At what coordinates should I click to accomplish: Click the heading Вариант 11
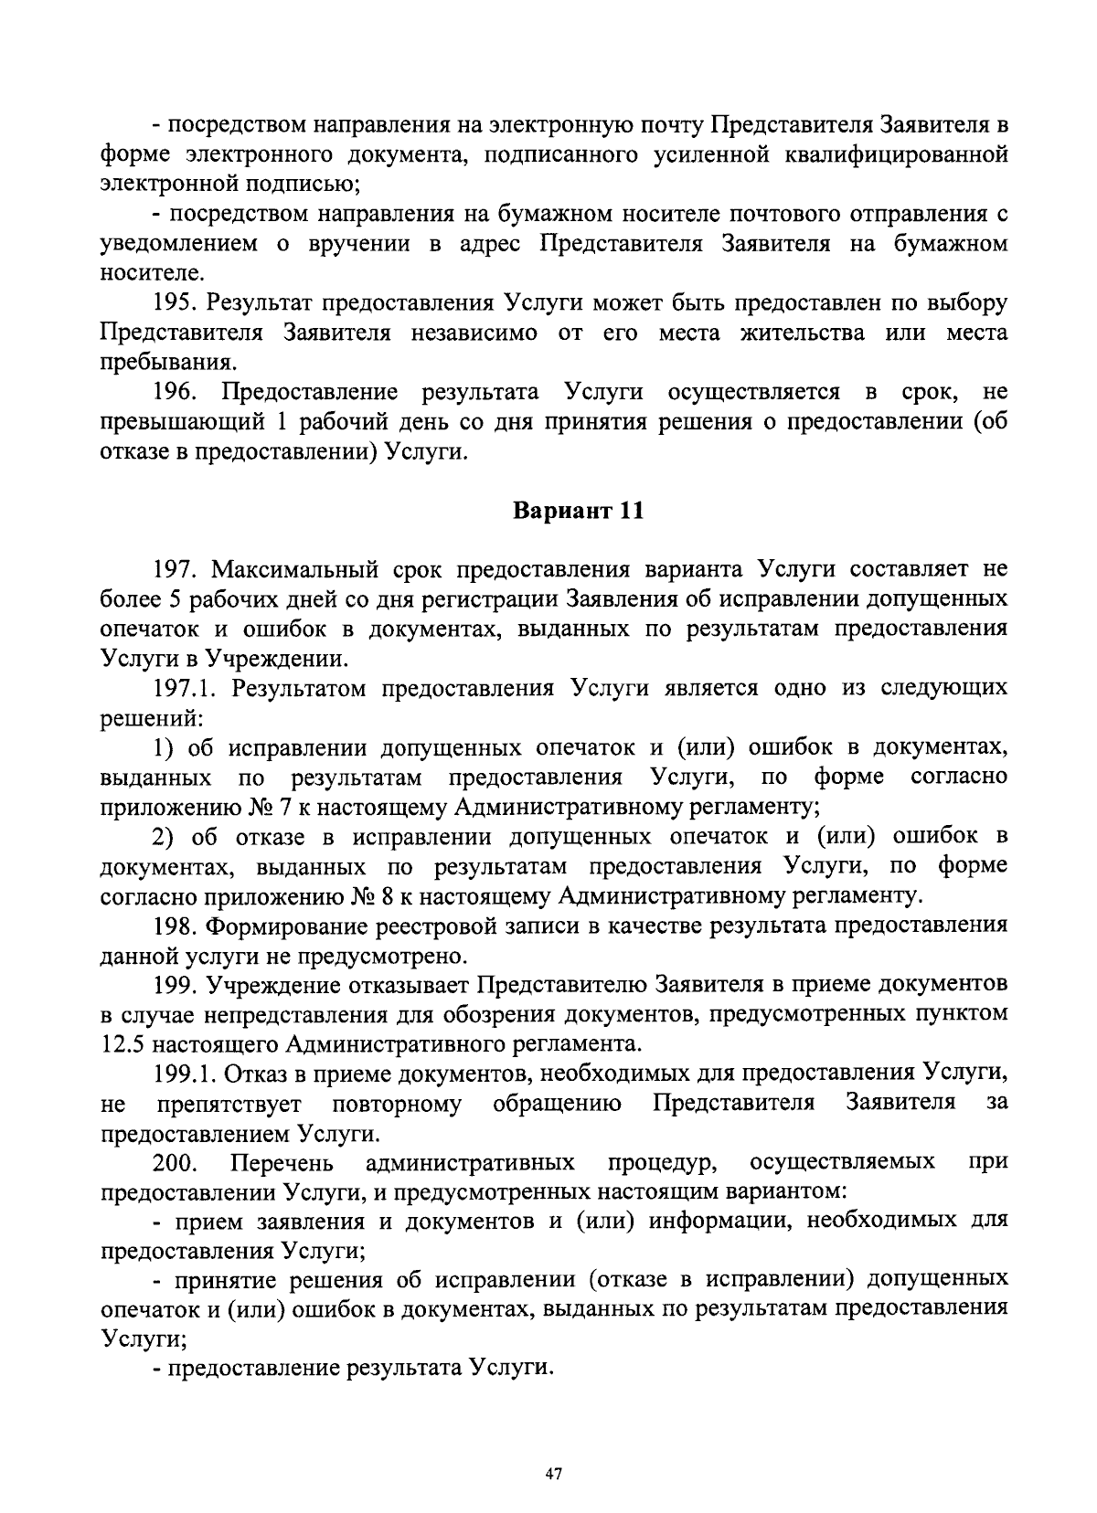(x=577, y=511)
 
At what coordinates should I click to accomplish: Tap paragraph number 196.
(x=176, y=393)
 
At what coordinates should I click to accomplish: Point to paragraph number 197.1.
(x=185, y=688)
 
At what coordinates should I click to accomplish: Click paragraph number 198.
(x=174, y=926)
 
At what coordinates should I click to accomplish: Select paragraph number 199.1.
(x=185, y=1073)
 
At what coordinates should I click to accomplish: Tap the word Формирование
(x=283, y=926)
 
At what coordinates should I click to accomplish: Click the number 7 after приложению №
(x=274, y=807)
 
